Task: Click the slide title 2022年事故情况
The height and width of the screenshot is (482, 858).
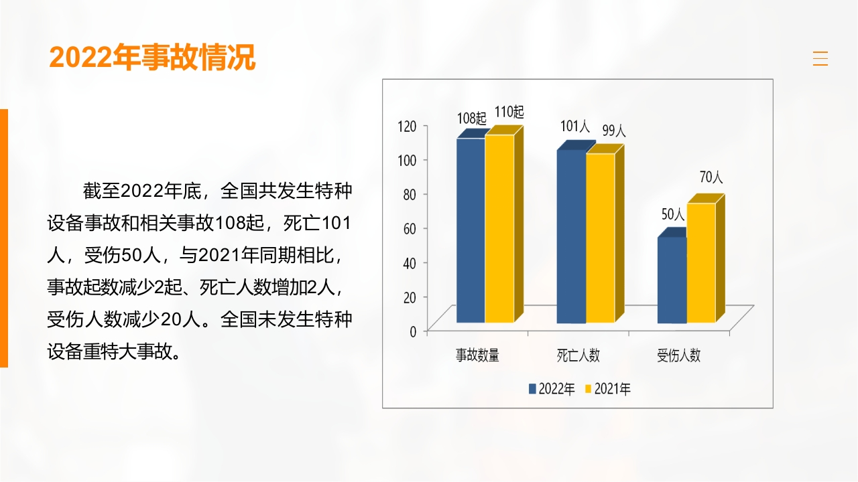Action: point(152,58)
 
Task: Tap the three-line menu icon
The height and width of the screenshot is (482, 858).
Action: point(820,59)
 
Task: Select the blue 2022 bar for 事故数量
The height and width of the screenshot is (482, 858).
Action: point(471,230)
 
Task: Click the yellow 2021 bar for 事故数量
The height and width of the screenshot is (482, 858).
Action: point(499,228)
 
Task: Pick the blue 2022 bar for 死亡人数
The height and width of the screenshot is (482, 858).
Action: point(571,236)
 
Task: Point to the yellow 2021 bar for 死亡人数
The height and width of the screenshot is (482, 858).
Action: point(600,238)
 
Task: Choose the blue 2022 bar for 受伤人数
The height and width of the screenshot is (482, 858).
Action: point(672,280)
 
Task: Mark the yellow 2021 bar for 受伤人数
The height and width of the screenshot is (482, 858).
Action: point(700,262)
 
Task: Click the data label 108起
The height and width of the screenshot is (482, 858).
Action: point(472,118)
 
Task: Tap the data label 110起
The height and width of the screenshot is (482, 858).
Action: point(509,112)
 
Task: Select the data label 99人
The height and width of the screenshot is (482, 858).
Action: point(613,131)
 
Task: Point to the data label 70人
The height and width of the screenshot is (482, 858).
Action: point(711,177)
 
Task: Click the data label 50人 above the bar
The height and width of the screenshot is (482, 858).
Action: point(673,215)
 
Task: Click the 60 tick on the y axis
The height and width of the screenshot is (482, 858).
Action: point(410,228)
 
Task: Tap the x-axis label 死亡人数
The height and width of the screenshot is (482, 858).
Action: point(578,355)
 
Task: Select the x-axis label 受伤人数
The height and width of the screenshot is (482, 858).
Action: point(678,355)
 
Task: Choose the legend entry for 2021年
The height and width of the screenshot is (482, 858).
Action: point(608,389)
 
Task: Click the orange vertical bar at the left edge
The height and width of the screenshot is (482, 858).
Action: point(4,238)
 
